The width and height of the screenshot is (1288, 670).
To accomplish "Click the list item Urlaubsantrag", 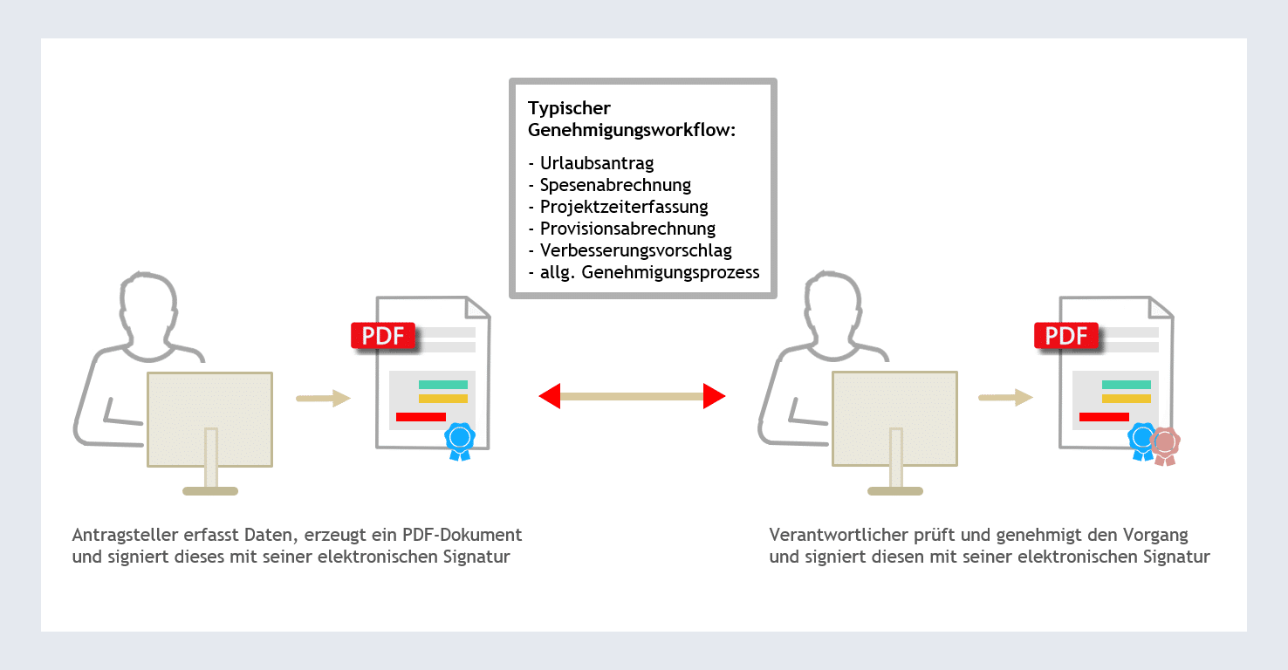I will click(596, 163).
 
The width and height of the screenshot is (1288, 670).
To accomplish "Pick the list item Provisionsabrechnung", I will click(627, 229).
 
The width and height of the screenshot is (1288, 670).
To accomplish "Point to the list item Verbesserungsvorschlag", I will click(635, 250).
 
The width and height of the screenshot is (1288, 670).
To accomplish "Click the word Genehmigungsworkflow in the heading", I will click(631, 130).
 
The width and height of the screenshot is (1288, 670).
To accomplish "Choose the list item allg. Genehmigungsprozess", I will click(649, 272).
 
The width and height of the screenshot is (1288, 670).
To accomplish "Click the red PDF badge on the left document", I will click(383, 336).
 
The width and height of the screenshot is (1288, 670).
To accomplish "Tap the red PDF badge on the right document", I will click(1066, 336).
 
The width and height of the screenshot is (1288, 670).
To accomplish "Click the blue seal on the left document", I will click(460, 439).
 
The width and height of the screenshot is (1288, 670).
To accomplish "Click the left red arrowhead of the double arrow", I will click(550, 397).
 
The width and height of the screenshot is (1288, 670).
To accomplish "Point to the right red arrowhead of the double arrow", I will click(715, 397).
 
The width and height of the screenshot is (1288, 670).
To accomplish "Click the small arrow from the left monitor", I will click(323, 399).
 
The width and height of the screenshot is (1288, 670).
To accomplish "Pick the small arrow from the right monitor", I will click(1005, 398).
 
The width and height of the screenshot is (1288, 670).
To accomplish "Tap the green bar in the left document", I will click(443, 385).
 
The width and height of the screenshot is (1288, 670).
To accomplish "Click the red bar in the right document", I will click(1104, 417).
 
